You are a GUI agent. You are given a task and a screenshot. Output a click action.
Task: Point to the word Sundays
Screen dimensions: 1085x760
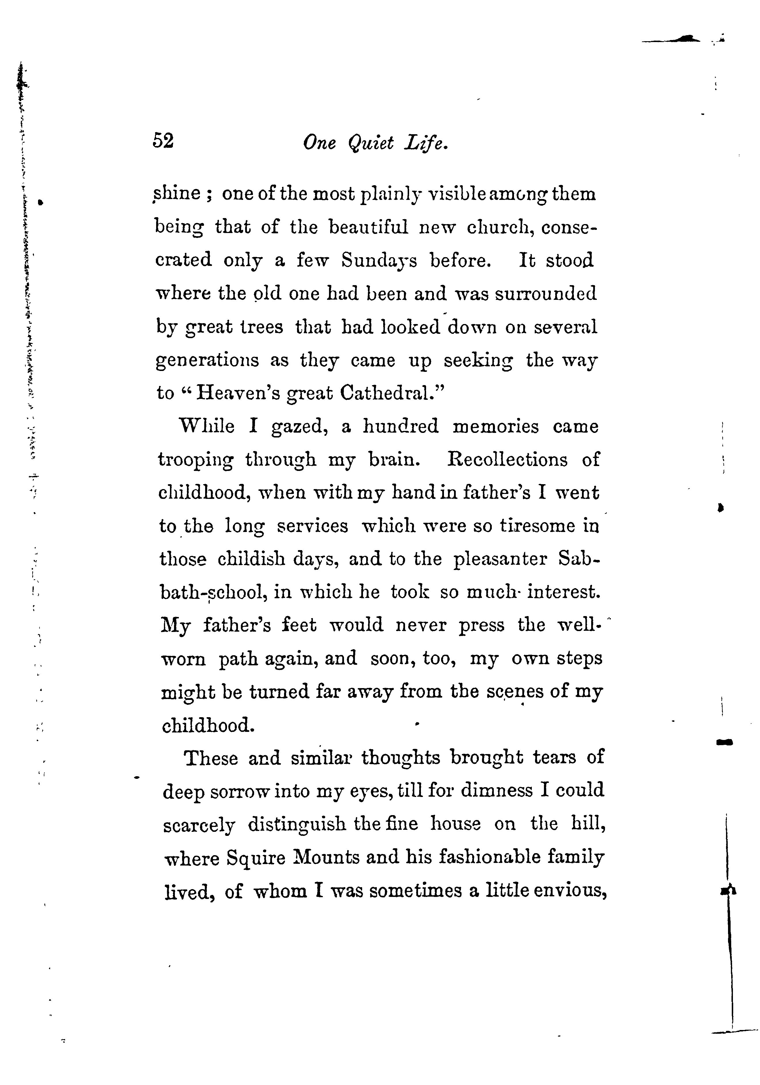point(379,260)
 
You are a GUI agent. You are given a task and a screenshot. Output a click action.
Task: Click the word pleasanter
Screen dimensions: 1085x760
point(500,560)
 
